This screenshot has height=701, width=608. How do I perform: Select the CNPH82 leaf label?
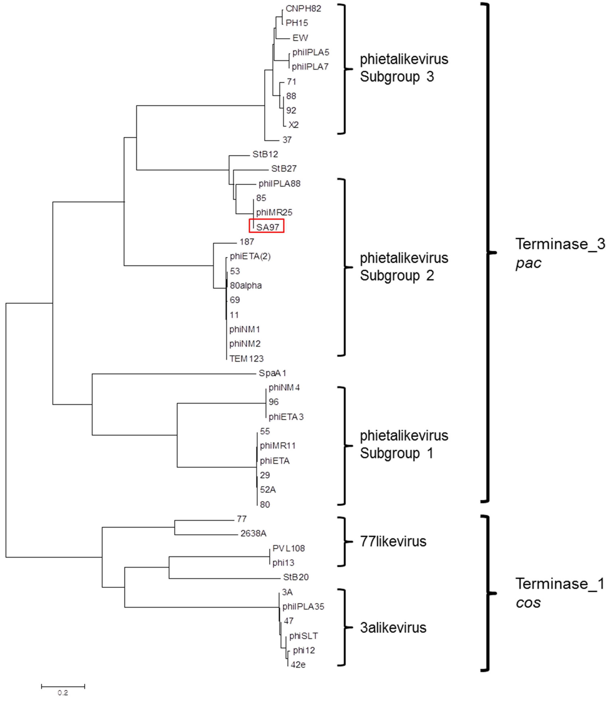pyautogui.click(x=303, y=9)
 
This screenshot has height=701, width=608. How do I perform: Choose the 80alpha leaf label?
pyautogui.click(x=246, y=286)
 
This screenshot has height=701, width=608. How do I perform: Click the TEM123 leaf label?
pyautogui.click(x=246, y=359)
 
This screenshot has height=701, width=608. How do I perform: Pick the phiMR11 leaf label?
pyautogui.click(x=278, y=446)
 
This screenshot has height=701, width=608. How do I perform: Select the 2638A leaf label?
pyautogui.click(x=253, y=533)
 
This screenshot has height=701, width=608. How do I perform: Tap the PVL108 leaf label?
pyautogui.click(x=288, y=548)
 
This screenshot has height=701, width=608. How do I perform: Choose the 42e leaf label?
pyautogui.click(x=298, y=665)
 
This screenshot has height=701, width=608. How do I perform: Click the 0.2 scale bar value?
pyautogui.click(x=63, y=693)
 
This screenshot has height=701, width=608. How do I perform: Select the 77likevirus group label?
pyautogui.click(x=393, y=542)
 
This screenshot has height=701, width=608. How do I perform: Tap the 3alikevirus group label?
pyautogui.click(x=393, y=628)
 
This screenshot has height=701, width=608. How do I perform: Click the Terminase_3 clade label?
pyautogui.click(x=560, y=244)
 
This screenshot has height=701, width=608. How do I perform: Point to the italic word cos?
pyautogui.click(x=528, y=603)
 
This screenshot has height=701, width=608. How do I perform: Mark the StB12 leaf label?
pyautogui.click(x=265, y=154)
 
